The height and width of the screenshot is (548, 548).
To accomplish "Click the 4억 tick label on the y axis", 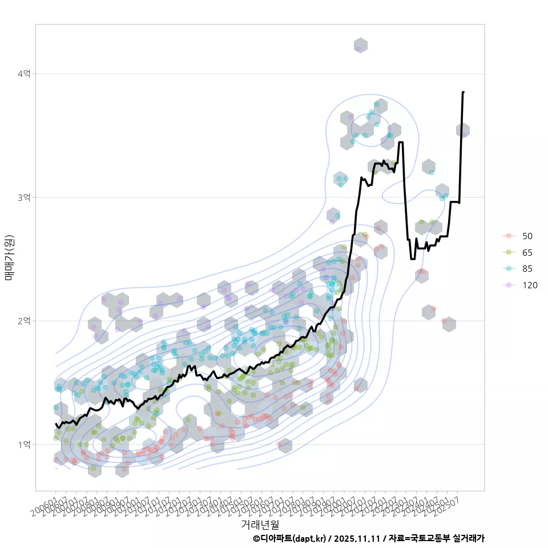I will point(24,74).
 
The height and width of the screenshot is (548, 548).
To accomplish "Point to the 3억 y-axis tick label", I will point(24,197).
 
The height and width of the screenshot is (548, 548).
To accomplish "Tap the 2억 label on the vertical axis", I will point(24,321).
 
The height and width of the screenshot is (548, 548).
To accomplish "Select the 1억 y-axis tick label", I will point(24,444).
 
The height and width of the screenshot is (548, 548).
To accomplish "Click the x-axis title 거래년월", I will point(260,524).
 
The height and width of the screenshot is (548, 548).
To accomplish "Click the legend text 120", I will point(530,286).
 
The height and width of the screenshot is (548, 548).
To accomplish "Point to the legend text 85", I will point(527,269).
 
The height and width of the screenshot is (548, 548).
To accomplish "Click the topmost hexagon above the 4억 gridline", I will point(360,46).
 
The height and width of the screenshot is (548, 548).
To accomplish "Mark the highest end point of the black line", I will point(463,92).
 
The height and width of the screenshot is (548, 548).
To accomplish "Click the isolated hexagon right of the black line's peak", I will point(463,130).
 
